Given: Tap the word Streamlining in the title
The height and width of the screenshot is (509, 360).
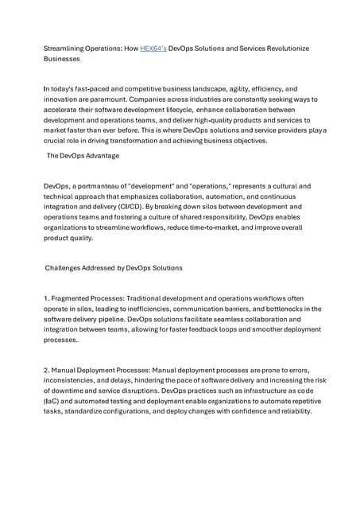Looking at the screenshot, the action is click(63, 49).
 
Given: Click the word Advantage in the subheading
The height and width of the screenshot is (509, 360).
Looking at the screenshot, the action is click(100, 156).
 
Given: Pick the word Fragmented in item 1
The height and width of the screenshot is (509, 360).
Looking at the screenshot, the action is click(75, 298).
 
